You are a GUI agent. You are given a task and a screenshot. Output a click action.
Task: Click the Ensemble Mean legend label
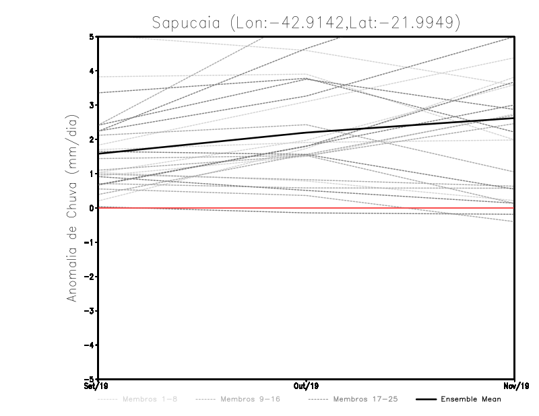[x=471, y=399]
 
